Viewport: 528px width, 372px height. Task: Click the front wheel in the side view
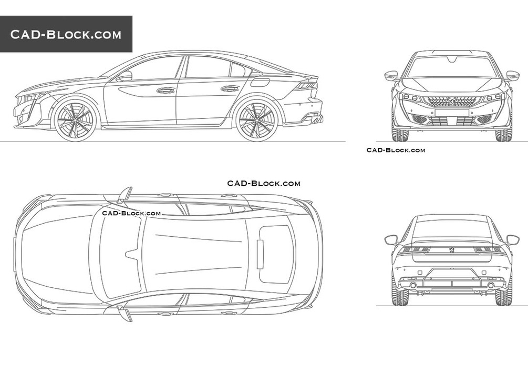(x=75, y=120)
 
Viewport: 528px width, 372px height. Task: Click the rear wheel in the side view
(x=257, y=120)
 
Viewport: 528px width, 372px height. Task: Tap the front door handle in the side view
(x=165, y=90)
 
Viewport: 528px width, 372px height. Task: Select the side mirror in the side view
(x=125, y=76)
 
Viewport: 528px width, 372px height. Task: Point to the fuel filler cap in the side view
(x=261, y=82)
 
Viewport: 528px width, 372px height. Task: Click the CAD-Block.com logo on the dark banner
(x=66, y=34)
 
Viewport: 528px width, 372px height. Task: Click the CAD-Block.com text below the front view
(x=396, y=150)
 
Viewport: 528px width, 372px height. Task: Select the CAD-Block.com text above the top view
(x=264, y=183)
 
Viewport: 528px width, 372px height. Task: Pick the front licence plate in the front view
(x=452, y=112)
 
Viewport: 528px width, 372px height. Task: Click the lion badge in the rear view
(x=452, y=249)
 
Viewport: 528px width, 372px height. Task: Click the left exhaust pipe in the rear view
(x=413, y=286)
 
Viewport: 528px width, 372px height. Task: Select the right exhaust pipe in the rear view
(x=491, y=286)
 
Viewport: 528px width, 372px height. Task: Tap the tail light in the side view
(x=306, y=86)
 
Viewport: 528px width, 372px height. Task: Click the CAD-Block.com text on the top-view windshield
(x=131, y=213)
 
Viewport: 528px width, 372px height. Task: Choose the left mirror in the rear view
(x=391, y=240)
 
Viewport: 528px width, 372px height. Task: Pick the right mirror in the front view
(x=513, y=76)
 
